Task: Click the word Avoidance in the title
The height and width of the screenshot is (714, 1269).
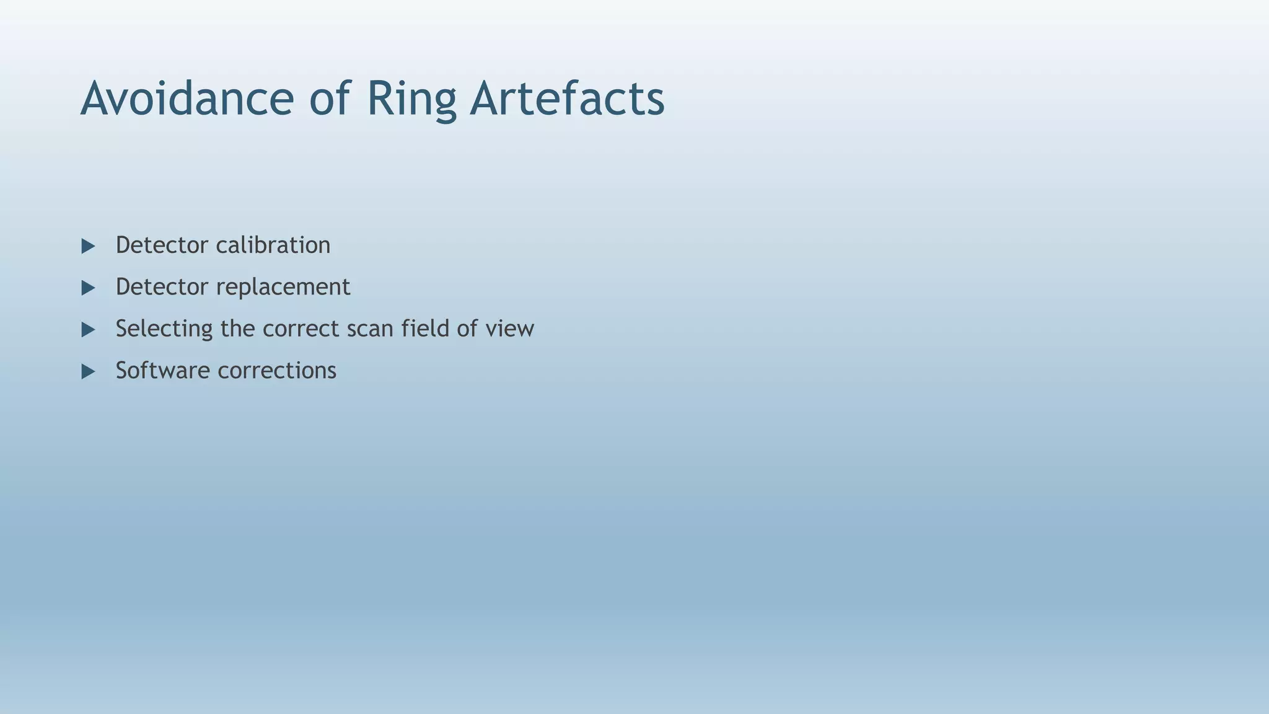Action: (x=187, y=99)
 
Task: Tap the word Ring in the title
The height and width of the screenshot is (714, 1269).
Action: (x=411, y=99)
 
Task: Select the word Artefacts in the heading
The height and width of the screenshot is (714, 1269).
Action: (x=567, y=99)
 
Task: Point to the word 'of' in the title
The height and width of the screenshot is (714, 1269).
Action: (x=330, y=99)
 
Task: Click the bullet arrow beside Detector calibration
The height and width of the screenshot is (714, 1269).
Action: (x=88, y=246)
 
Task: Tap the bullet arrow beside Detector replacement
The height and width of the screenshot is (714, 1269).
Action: (x=88, y=288)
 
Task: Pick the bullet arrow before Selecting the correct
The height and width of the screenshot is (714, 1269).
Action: (x=88, y=329)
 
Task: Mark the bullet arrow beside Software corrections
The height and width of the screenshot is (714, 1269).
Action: (x=88, y=371)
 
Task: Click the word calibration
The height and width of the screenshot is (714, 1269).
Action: (x=273, y=245)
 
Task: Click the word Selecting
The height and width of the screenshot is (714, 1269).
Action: (x=164, y=328)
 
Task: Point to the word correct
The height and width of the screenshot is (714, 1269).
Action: (x=301, y=328)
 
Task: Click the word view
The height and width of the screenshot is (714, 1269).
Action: (x=509, y=328)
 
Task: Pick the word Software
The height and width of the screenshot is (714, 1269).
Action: (x=162, y=371)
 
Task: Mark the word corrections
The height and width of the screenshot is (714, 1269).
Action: (x=277, y=371)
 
